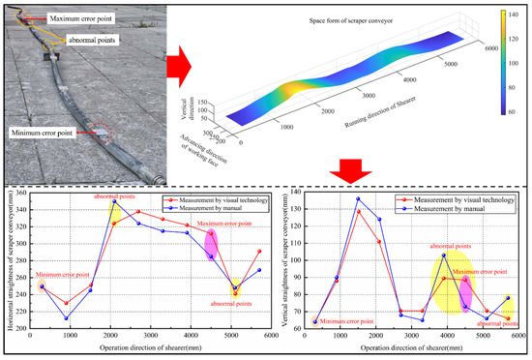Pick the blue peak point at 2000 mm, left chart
point(114,201)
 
